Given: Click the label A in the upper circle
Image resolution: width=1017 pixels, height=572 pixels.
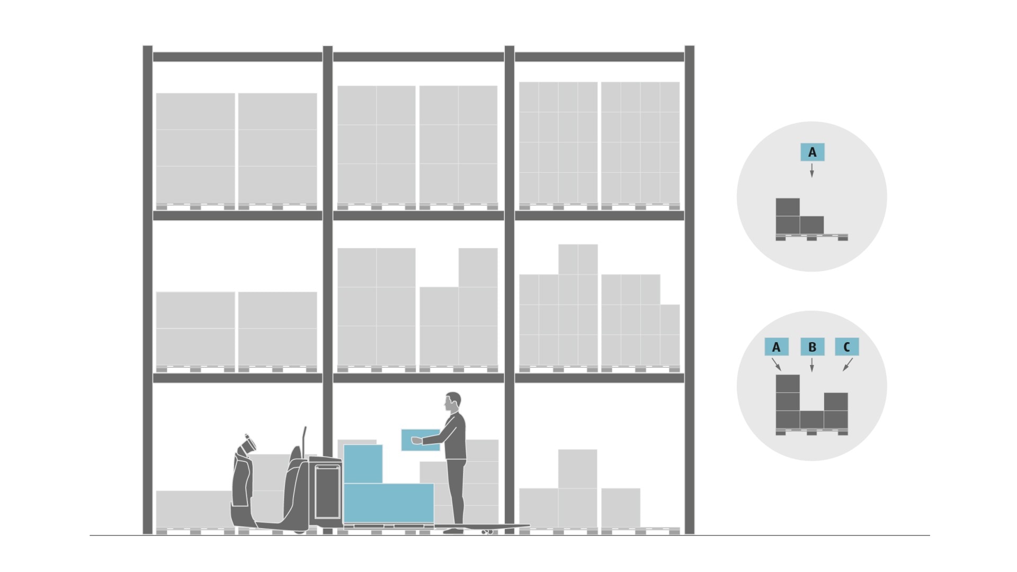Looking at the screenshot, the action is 812,153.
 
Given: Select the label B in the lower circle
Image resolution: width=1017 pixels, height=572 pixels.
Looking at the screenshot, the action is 812,347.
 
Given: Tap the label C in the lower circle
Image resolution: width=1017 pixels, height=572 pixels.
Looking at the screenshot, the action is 846,347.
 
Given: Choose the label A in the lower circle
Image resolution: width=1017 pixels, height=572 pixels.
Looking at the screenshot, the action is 777,347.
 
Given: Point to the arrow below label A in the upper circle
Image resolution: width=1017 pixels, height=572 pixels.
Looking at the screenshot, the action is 811,171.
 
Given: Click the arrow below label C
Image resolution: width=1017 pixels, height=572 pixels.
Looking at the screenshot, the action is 847,364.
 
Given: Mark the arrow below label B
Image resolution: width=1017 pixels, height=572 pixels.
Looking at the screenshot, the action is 811,365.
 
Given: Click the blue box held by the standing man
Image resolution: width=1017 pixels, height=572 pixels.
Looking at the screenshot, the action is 421,440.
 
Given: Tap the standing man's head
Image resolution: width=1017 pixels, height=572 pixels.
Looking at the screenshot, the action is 453,402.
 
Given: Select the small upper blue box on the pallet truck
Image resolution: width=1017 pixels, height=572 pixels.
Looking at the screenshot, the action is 363,464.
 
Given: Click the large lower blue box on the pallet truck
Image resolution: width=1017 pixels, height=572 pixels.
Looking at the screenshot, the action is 389,503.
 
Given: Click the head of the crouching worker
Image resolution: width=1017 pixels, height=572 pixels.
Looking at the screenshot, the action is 248,444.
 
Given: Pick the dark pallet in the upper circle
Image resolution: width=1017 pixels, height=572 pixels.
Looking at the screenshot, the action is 811,237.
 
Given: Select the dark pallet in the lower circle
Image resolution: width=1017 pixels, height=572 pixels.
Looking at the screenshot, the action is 811,432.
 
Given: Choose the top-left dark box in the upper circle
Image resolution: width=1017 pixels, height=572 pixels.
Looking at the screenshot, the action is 788,207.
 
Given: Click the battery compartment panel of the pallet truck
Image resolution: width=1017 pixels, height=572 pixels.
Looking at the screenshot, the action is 327,492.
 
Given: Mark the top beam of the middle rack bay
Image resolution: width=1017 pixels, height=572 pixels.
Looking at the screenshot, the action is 418,57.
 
